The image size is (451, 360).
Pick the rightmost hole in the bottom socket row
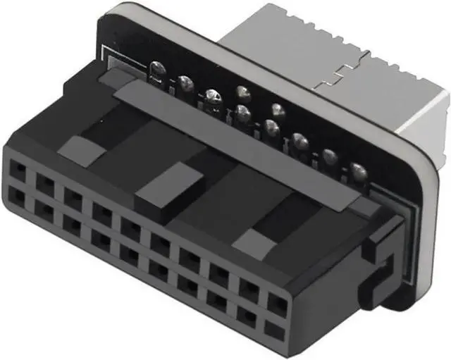pos(272,329)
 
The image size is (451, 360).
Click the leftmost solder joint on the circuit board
pos(159,70)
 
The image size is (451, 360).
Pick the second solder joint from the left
pos(185,83)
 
